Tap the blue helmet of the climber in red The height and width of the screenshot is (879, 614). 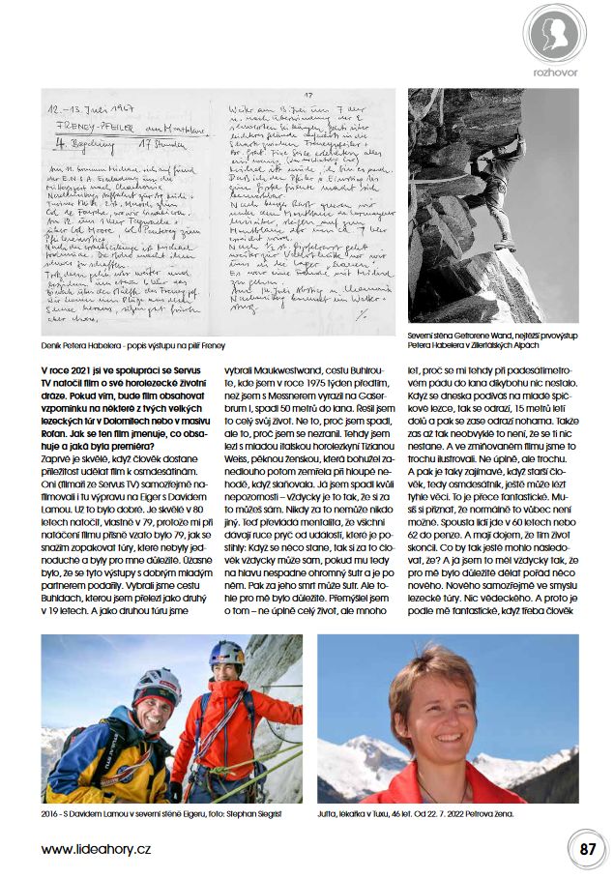click(x=226, y=655)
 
